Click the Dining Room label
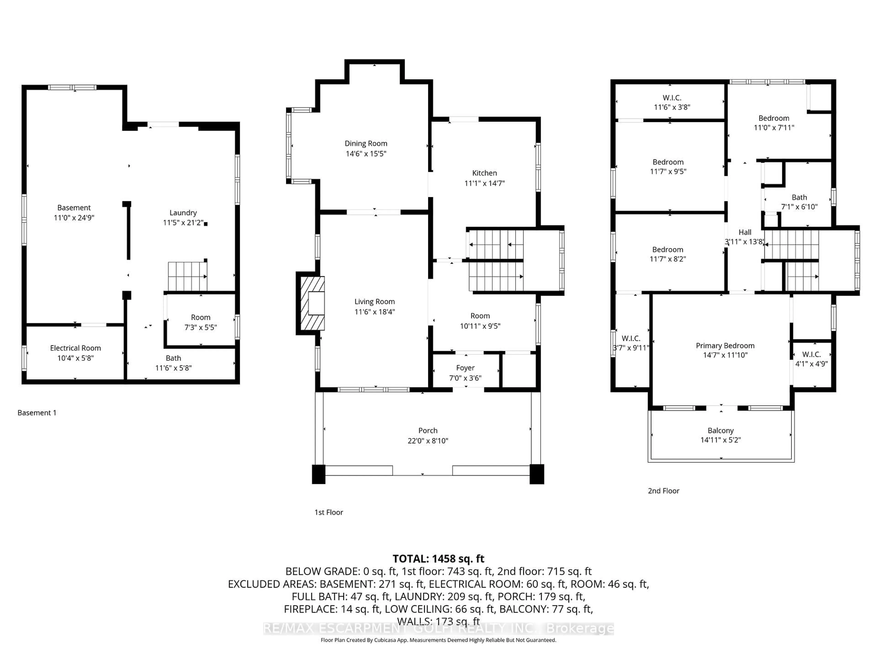coord(366,143)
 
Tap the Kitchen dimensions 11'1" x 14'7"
coord(484,183)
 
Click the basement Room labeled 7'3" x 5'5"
coord(200,322)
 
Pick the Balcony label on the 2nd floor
coord(720,431)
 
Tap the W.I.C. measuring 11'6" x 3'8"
coord(672,102)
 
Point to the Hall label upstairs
coord(745,232)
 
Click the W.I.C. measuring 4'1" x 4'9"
coord(811,359)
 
